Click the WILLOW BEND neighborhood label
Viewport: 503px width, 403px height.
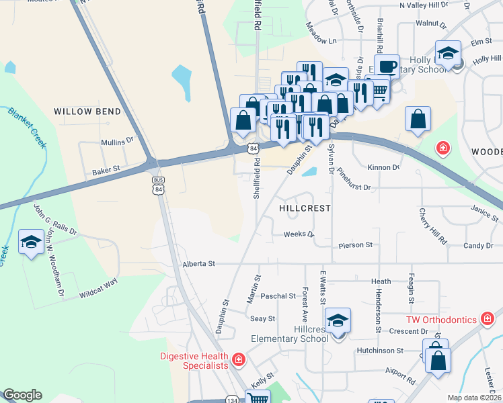[87, 111]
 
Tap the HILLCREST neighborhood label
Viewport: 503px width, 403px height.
[305, 208]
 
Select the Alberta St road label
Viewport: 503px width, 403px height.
[198, 264]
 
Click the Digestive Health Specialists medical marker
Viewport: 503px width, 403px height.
[237, 361]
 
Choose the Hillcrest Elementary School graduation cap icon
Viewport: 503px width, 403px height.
[338, 320]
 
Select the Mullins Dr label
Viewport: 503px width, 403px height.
[118, 142]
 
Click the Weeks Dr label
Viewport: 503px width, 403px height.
[299, 234]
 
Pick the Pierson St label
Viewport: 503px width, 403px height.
[356, 245]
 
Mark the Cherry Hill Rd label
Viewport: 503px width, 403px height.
[433, 226]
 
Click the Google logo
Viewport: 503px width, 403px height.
[22, 395]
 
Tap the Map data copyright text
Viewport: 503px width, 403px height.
[475, 398]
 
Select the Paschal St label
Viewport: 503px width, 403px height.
[278, 296]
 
